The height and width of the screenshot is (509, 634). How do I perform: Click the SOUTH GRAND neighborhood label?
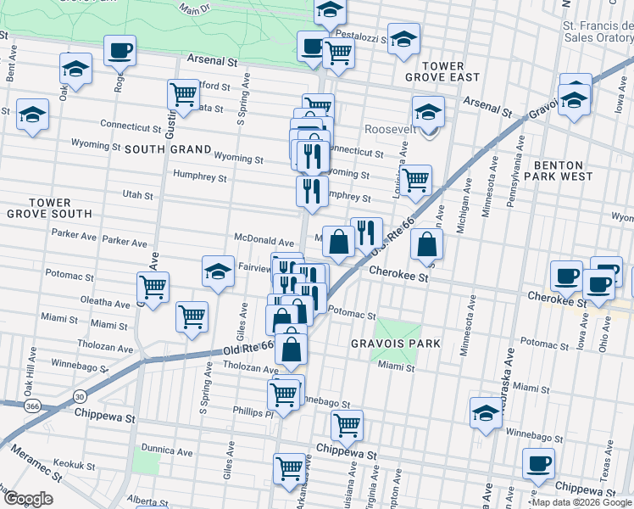[x=168, y=149]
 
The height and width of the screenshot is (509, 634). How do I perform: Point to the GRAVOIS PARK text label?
[x=396, y=344]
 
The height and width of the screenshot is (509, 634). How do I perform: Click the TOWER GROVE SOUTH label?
[x=48, y=209]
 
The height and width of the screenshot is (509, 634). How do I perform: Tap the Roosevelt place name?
[x=389, y=130]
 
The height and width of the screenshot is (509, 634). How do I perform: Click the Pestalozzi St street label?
[x=361, y=38]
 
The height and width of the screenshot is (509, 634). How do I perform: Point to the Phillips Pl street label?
[x=252, y=411]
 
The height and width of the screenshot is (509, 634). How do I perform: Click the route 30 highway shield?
[x=80, y=395]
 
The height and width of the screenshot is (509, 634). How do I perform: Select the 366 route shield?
[x=30, y=407]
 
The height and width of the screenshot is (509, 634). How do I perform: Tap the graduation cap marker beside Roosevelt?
[x=428, y=112]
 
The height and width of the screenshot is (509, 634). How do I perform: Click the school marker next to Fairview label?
[x=218, y=271]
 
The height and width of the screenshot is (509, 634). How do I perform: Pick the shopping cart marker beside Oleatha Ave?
[x=153, y=288]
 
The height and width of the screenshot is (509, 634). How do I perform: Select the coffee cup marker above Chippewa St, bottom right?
[x=538, y=464]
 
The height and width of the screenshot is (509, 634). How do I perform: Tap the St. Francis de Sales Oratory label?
[x=598, y=31]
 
